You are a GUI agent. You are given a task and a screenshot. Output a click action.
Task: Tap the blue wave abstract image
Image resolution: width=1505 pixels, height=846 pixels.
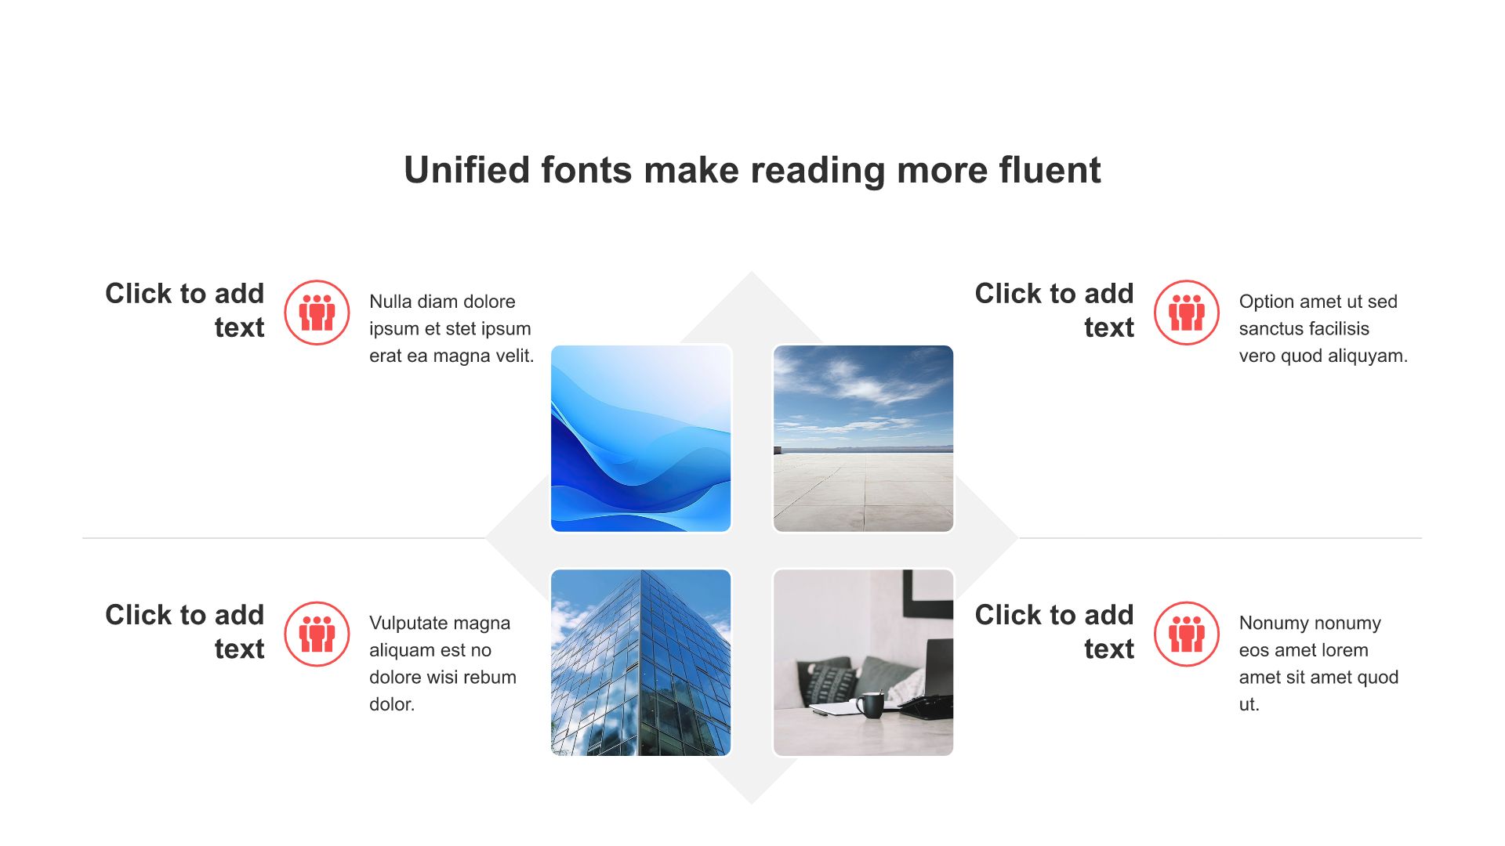click(x=641, y=439)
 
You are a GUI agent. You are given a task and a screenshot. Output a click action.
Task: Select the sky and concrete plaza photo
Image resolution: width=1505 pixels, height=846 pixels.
click(x=863, y=439)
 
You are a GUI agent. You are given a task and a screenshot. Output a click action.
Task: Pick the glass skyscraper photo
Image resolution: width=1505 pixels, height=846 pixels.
click(x=641, y=663)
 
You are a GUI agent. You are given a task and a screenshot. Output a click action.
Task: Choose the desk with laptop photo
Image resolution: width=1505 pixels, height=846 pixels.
click(x=863, y=663)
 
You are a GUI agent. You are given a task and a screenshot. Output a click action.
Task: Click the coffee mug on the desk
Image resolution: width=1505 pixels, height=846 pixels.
click(x=870, y=704)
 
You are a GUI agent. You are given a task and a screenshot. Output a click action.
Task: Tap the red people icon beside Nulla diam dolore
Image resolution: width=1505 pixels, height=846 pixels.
click(x=317, y=313)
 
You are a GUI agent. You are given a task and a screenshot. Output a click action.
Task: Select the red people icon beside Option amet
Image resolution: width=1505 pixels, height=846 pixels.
click(x=1187, y=313)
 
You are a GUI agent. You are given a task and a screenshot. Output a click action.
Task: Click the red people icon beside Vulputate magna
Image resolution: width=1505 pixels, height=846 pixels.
click(x=317, y=634)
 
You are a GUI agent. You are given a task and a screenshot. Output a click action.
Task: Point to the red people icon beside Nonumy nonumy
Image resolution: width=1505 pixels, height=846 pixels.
click(x=1187, y=634)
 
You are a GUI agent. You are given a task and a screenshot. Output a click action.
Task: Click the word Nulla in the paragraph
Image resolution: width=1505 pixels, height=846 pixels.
click(x=390, y=302)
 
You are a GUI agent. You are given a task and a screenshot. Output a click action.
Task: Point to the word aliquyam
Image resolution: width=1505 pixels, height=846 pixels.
click(x=1369, y=356)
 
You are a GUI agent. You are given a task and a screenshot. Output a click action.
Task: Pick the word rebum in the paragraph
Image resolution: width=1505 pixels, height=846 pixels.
click(x=493, y=677)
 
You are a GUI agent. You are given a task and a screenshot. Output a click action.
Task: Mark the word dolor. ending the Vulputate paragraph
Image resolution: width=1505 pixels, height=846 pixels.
click(x=392, y=704)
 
